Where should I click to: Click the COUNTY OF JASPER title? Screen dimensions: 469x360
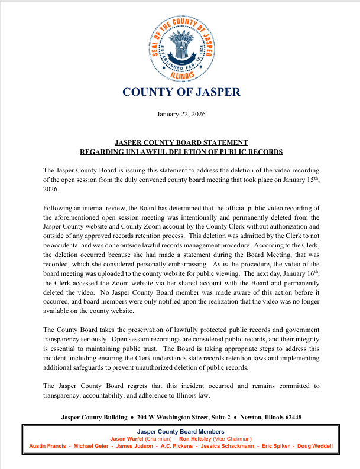181,92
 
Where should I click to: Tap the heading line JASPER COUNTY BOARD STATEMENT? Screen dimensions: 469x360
181,142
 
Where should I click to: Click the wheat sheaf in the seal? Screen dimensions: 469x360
181,45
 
